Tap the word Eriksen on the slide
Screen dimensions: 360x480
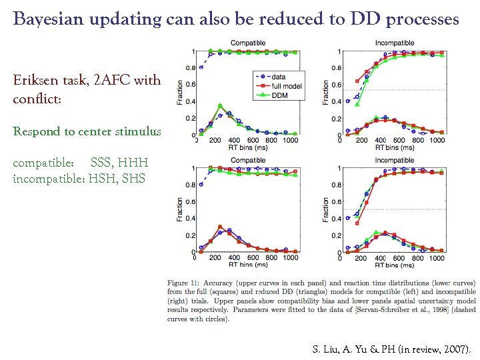click(33, 81)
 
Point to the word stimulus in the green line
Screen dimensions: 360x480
click(139, 131)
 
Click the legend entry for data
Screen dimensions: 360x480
click(279, 77)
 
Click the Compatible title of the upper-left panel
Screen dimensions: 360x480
click(248, 43)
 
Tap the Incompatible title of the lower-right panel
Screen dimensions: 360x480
click(394, 160)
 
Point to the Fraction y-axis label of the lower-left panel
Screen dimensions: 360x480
click(181, 209)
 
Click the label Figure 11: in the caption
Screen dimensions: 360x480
click(187, 283)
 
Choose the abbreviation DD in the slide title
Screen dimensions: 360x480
click(361, 19)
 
